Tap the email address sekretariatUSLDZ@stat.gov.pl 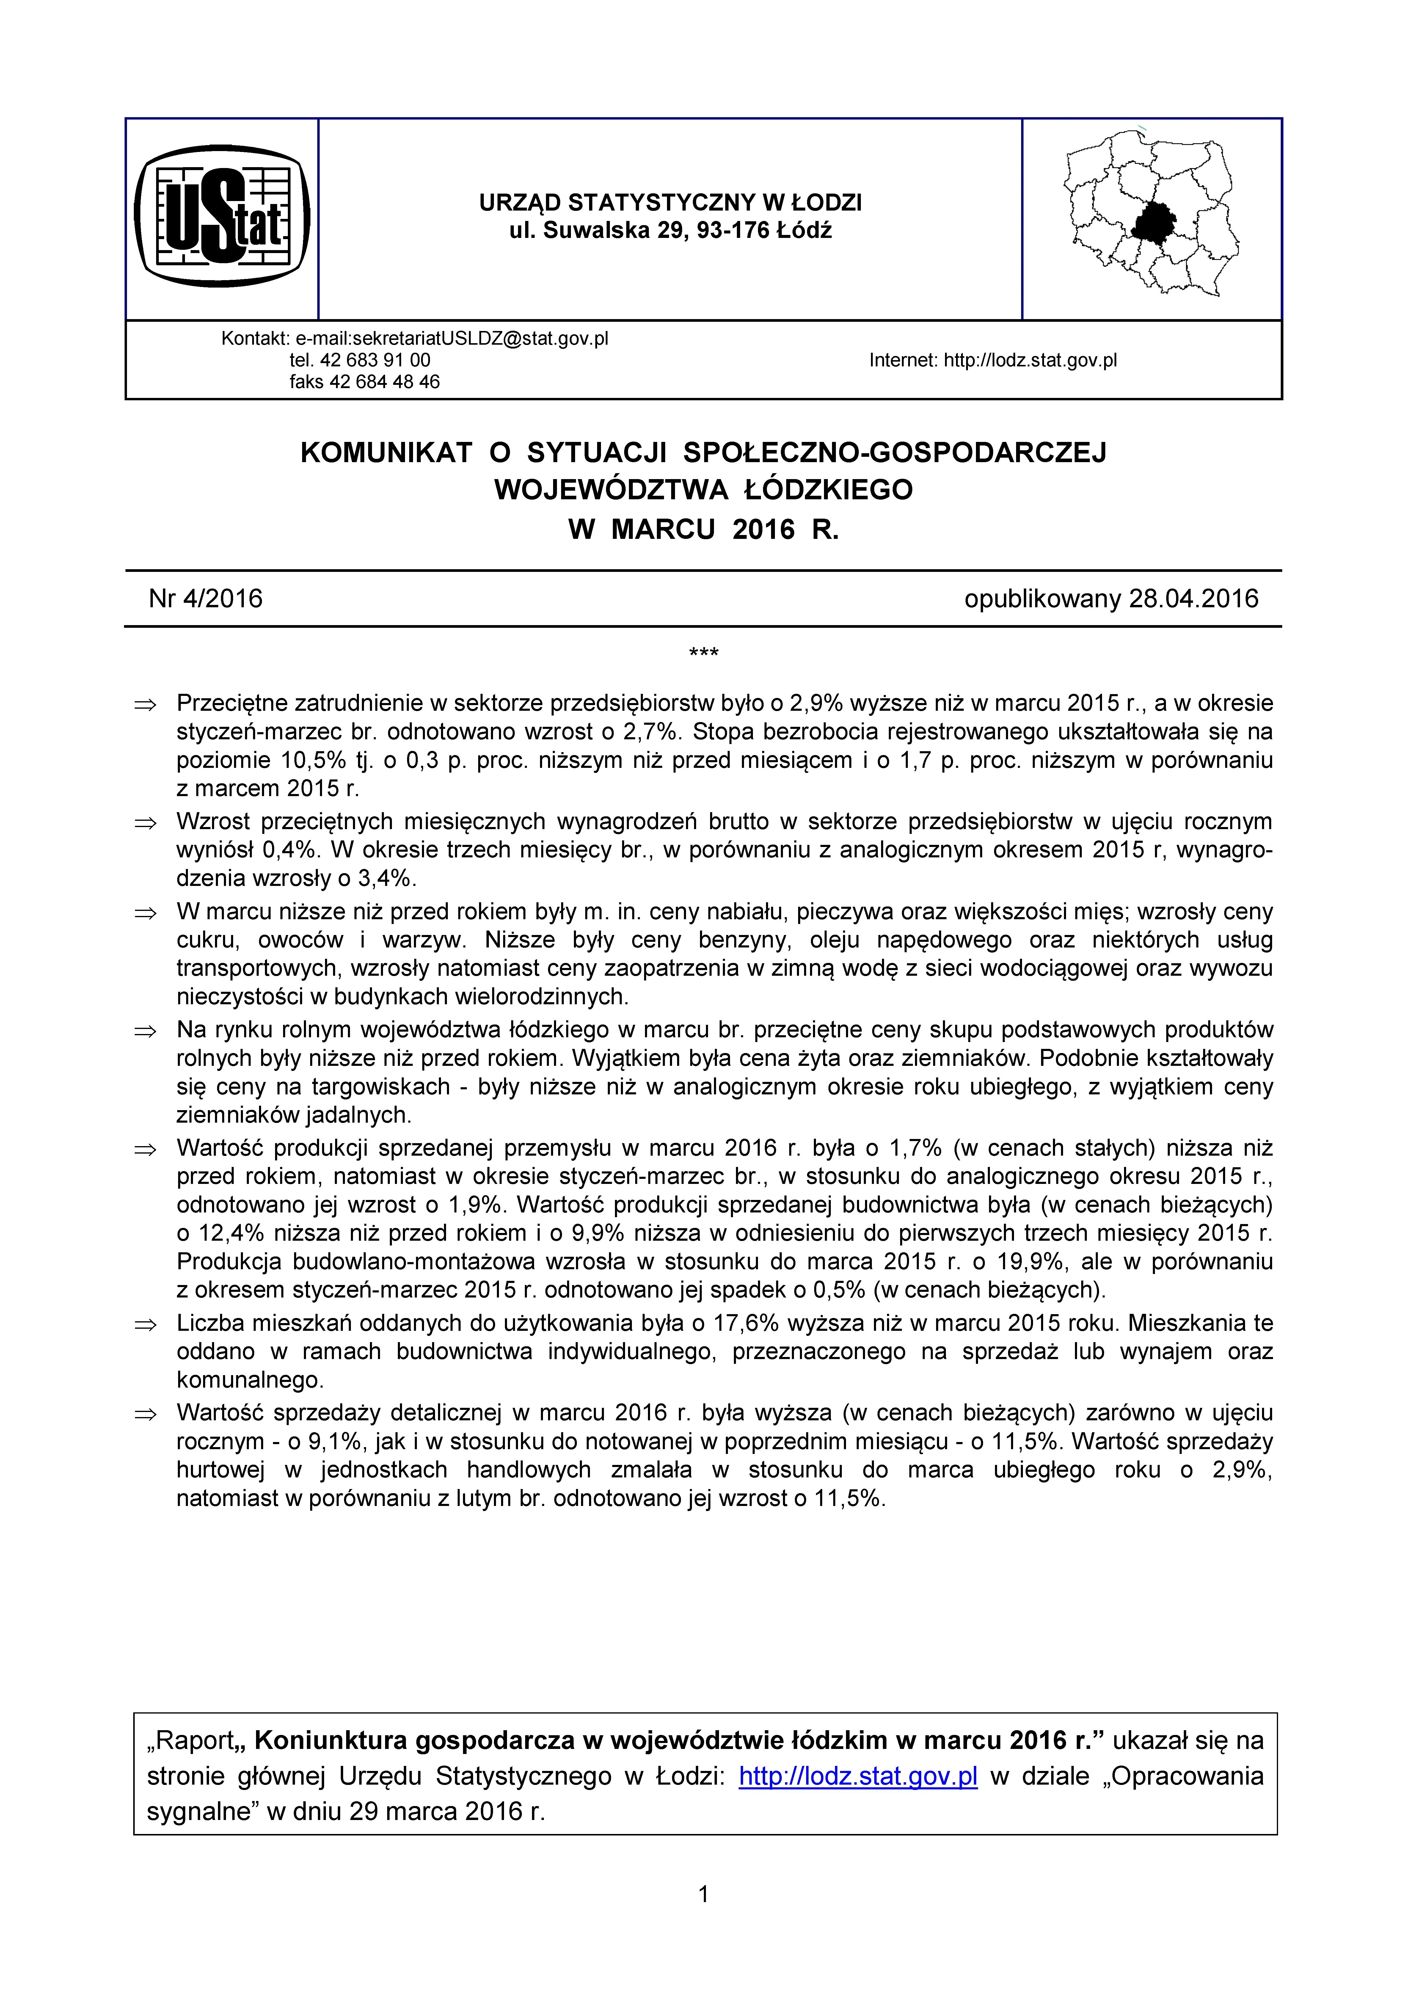[x=452, y=338]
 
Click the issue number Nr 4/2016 [x=205, y=598]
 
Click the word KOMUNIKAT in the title [x=386, y=453]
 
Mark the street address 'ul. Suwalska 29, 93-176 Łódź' [x=670, y=231]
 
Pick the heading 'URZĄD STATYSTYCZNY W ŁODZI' [x=670, y=203]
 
